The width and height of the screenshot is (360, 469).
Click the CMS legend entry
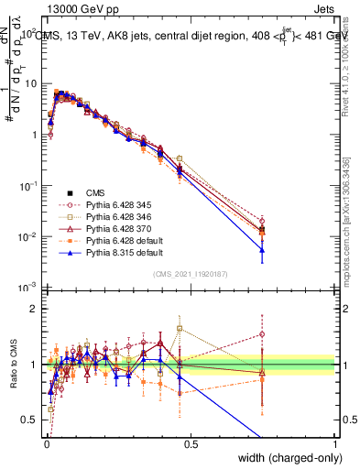[x=96, y=192]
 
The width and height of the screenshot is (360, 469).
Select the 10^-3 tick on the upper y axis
[x=29, y=288]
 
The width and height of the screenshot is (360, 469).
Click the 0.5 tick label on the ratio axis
[x=31, y=420]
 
